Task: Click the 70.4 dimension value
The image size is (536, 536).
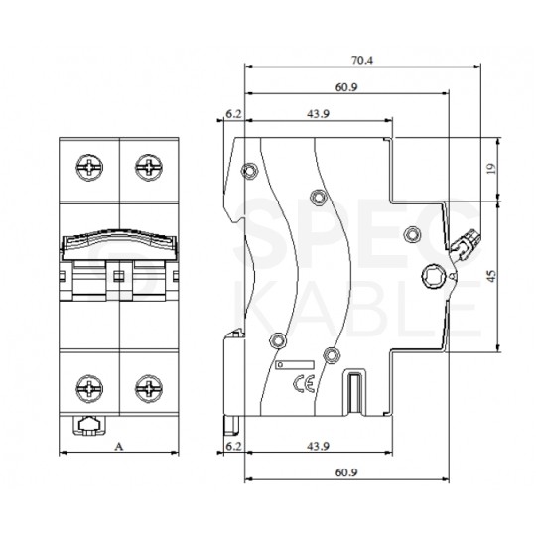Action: (x=361, y=60)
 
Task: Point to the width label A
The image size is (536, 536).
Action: (x=119, y=447)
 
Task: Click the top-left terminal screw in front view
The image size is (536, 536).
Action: (x=87, y=166)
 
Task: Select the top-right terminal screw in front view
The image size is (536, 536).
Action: (x=150, y=166)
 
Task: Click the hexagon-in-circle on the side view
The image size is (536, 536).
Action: (x=436, y=277)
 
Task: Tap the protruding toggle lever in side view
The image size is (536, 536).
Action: (x=467, y=243)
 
